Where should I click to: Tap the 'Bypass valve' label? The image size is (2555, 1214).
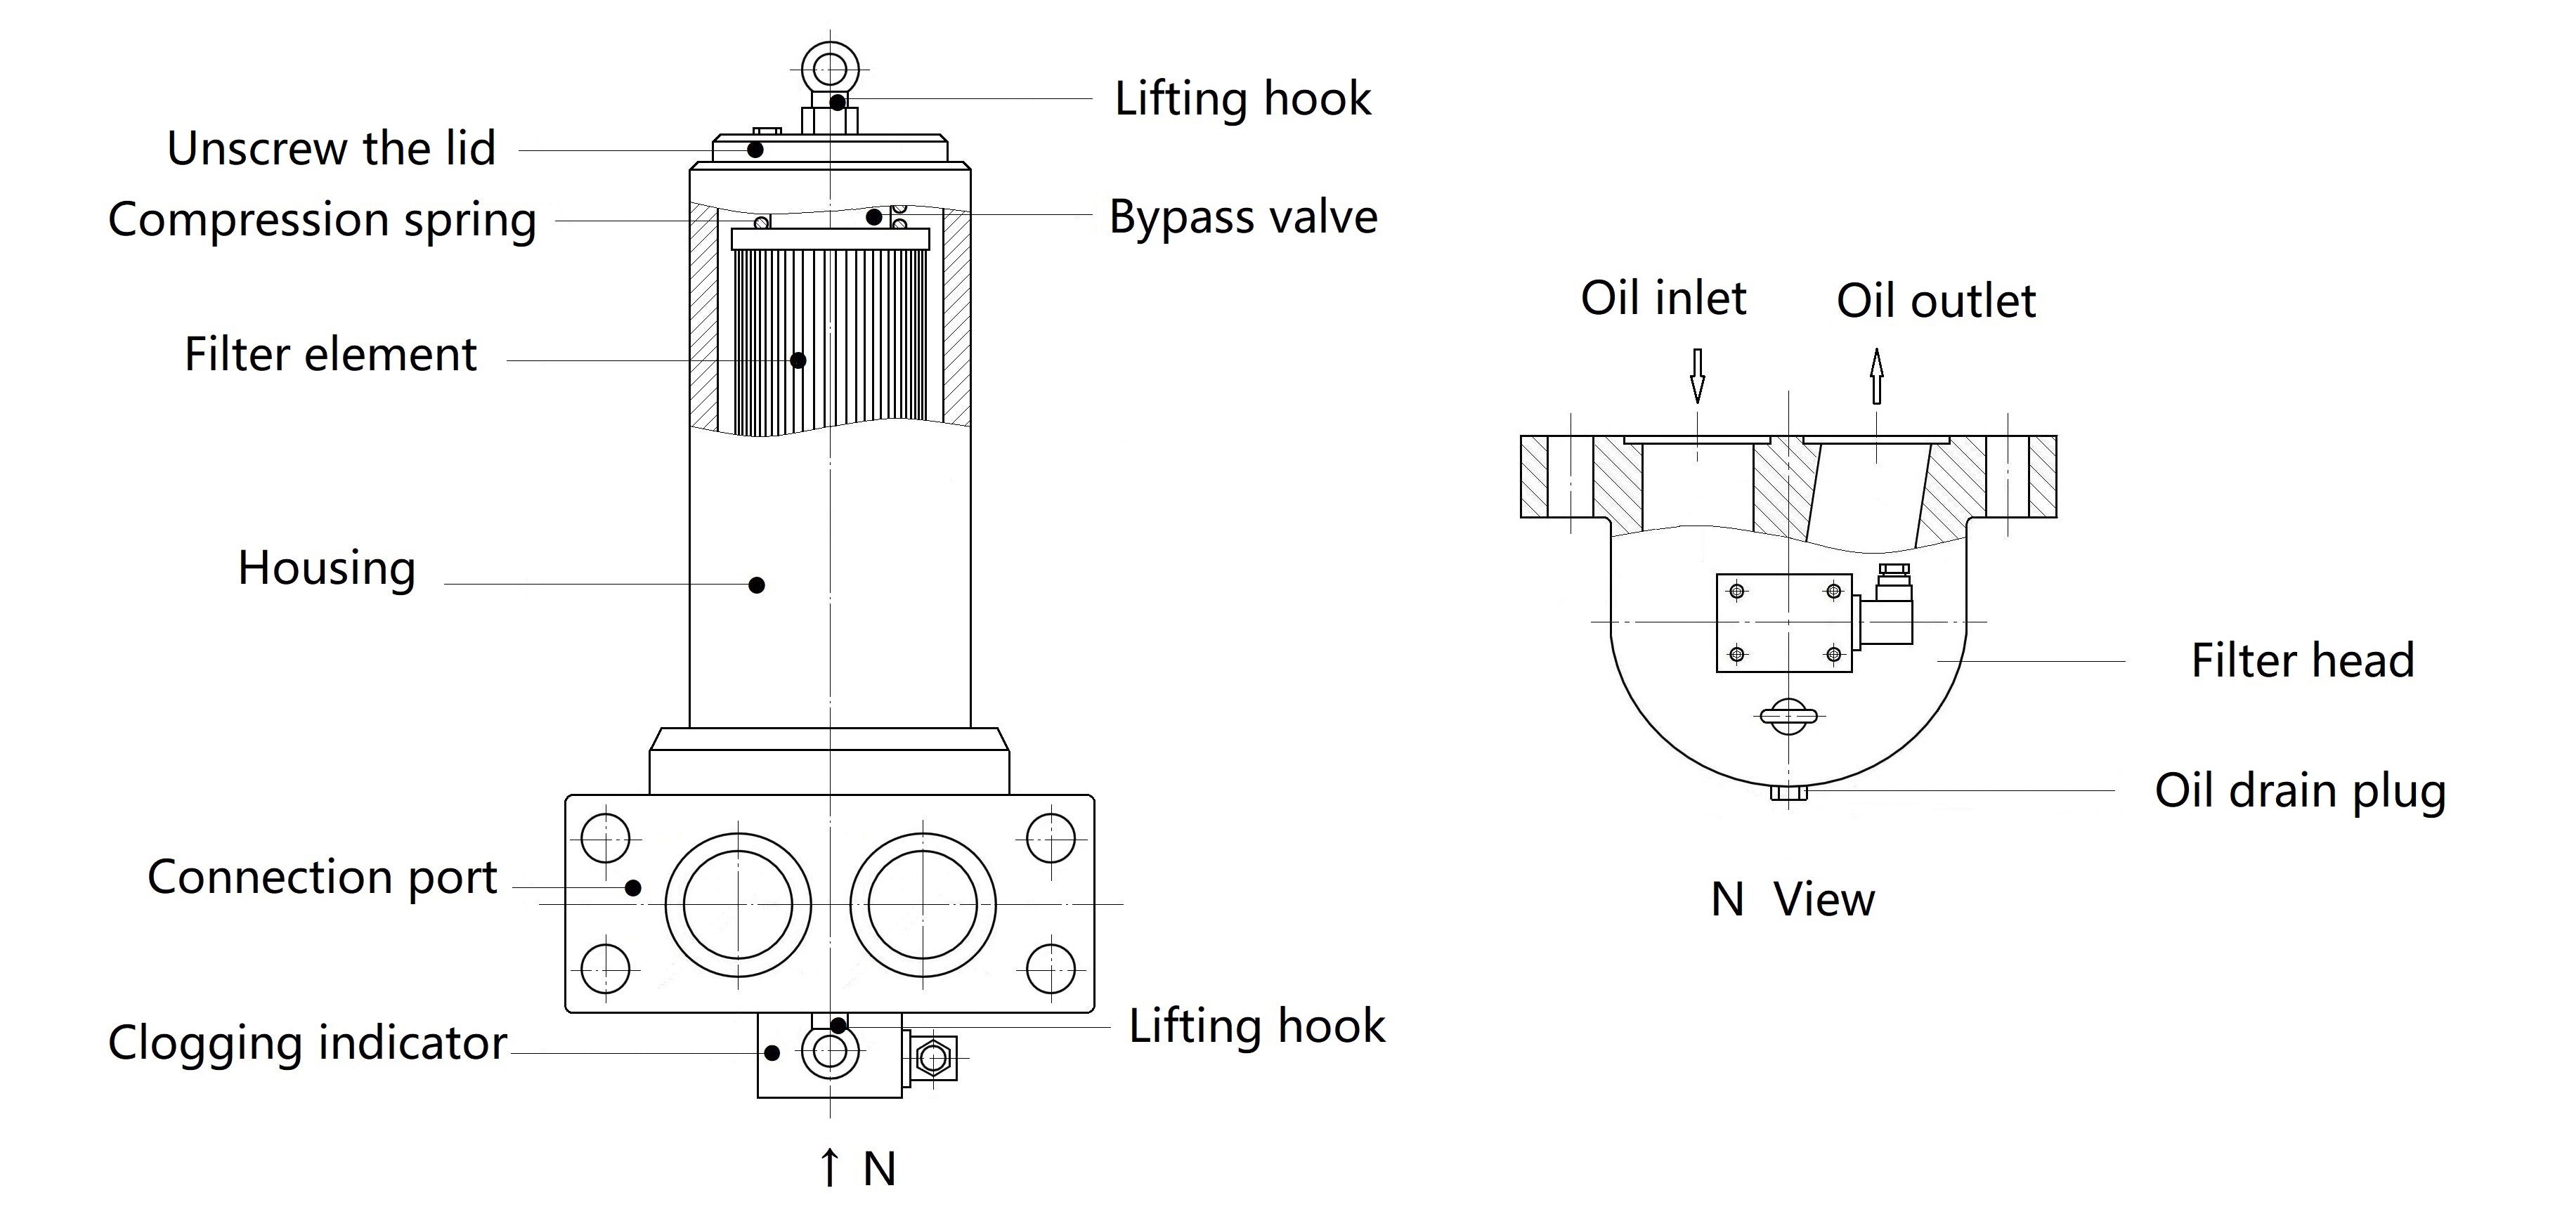pyautogui.click(x=1243, y=217)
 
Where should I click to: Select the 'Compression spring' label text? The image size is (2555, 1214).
pyautogui.click(x=323, y=220)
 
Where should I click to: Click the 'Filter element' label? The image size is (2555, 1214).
pyautogui.click(x=330, y=354)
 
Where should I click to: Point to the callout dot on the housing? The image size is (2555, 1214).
pyautogui.click(x=757, y=585)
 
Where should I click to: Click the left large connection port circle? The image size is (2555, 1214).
pyautogui.click(x=738, y=905)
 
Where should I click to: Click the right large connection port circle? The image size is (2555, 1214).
pyautogui.click(x=923, y=905)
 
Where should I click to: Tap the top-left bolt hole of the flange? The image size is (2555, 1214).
pyautogui.click(x=605, y=838)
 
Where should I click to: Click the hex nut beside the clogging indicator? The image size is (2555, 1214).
pyautogui.click(x=933, y=1058)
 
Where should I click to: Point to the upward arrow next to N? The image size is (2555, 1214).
pyautogui.click(x=829, y=1168)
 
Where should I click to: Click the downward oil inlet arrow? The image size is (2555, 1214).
pyautogui.click(x=1697, y=375)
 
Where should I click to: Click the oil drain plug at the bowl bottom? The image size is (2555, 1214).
pyautogui.click(x=1788, y=793)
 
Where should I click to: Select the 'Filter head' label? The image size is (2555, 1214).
pyautogui.click(x=2302, y=660)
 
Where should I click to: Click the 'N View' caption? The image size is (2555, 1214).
pyautogui.click(x=1793, y=899)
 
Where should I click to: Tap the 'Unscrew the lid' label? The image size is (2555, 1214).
pyautogui.click(x=331, y=150)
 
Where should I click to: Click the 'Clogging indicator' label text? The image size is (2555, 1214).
pyautogui.click(x=308, y=1043)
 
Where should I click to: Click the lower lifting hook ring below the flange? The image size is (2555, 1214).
pyautogui.click(x=829, y=1053)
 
